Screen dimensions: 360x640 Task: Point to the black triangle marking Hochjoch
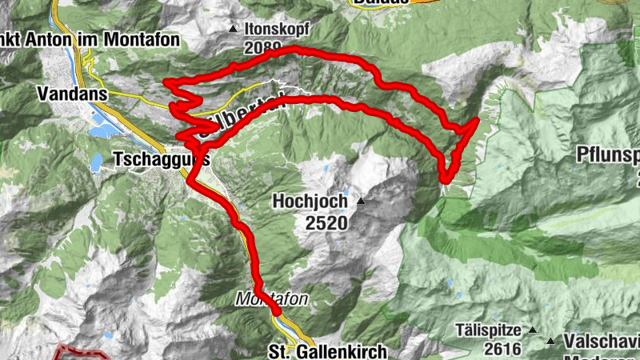coord(361,201)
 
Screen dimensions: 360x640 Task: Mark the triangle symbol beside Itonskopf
coord(234,30)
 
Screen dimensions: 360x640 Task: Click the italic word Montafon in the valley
coord(271,298)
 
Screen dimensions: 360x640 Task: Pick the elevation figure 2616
coord(502,349)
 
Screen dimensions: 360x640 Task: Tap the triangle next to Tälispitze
coord(530,330)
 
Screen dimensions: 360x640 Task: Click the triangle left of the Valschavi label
coord(551,342)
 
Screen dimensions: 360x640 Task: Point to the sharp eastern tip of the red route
coord(477,119)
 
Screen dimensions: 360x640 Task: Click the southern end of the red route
coord(278,311)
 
